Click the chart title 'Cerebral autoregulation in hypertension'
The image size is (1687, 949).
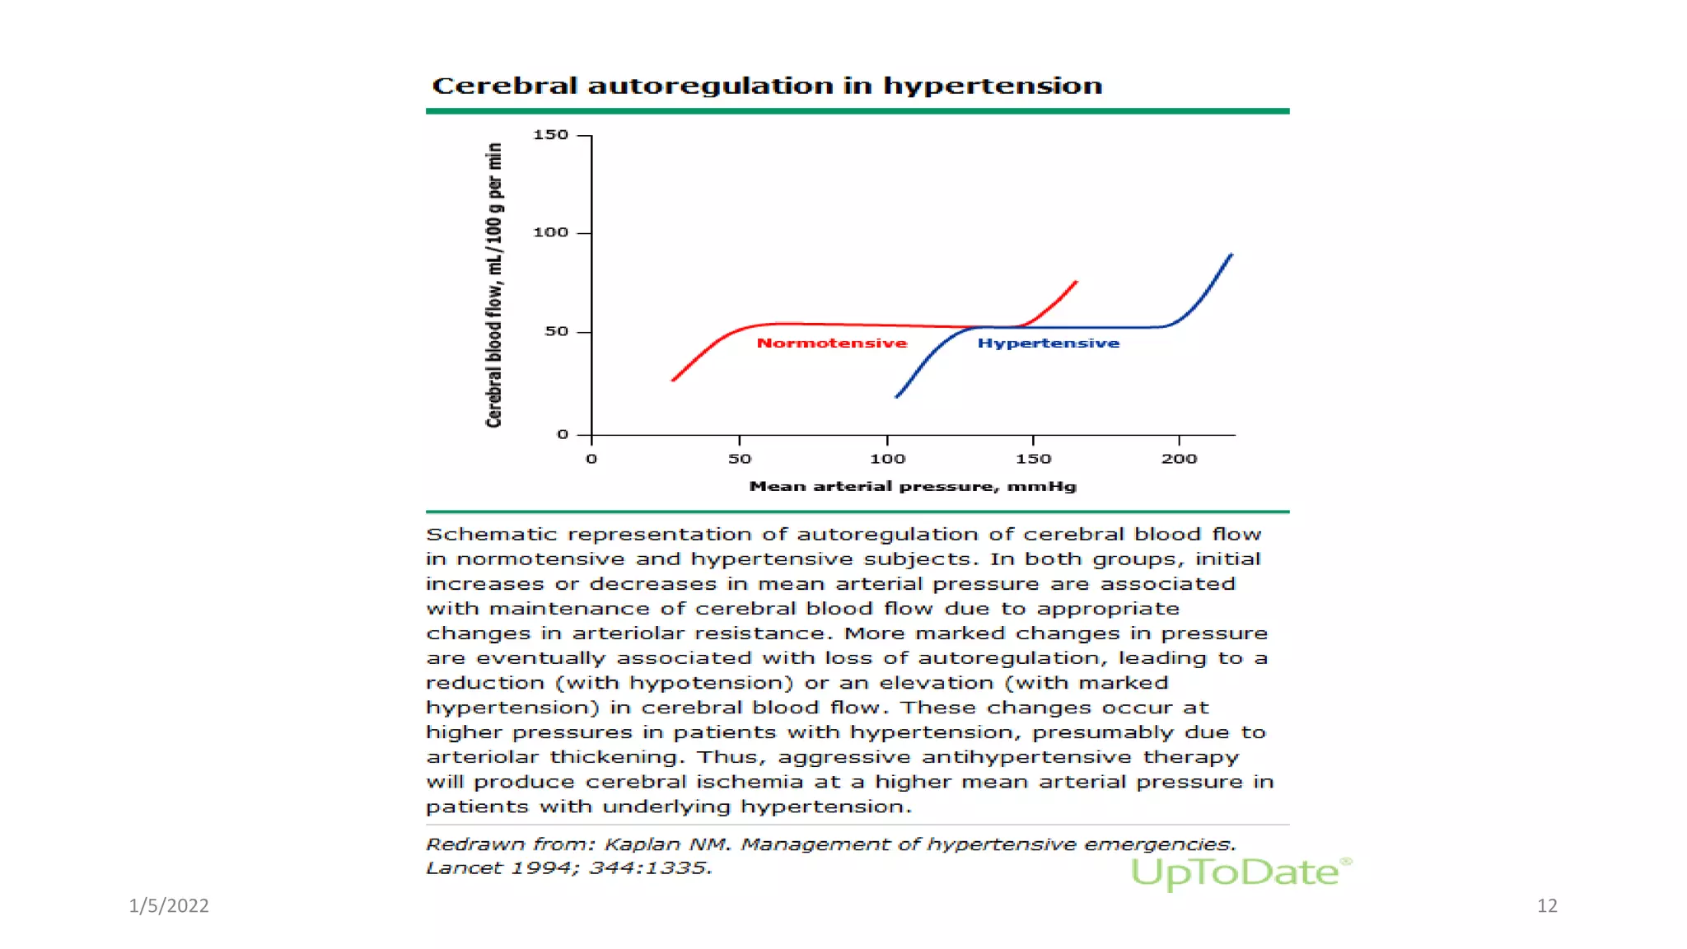766,86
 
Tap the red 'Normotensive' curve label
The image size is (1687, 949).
831,343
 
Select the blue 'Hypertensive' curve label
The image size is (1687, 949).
1048,343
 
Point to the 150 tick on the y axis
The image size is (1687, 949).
550,134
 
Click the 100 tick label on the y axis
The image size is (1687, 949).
550,232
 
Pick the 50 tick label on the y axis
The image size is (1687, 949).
556,331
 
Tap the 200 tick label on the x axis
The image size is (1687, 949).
1179,459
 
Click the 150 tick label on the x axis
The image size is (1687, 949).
1033,459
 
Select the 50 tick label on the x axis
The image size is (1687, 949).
740,459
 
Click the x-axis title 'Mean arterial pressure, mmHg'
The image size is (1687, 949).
912,486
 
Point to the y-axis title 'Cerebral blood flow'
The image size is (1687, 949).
493,285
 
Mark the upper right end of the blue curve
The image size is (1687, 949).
1231,255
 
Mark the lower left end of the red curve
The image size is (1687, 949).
674,380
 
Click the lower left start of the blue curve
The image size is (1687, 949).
897,397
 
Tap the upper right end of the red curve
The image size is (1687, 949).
1076,283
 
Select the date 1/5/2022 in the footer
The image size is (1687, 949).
169,905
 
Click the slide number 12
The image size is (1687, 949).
1546,905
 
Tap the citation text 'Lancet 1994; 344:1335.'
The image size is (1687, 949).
568,867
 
